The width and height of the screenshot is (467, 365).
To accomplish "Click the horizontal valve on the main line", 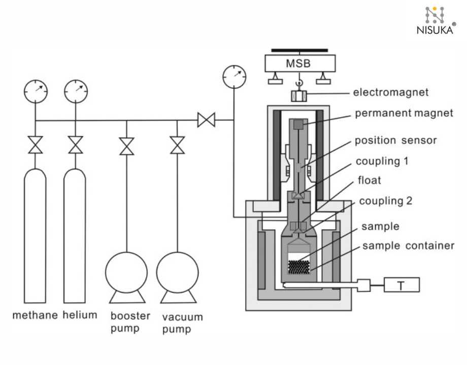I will [206, 121].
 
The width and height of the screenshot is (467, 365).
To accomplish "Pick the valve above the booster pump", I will [126, 146].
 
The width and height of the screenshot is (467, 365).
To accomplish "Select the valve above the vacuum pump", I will [177, 146].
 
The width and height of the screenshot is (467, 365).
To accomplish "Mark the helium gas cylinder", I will [75, 233].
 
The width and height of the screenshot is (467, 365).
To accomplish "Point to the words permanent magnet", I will [396, 113].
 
